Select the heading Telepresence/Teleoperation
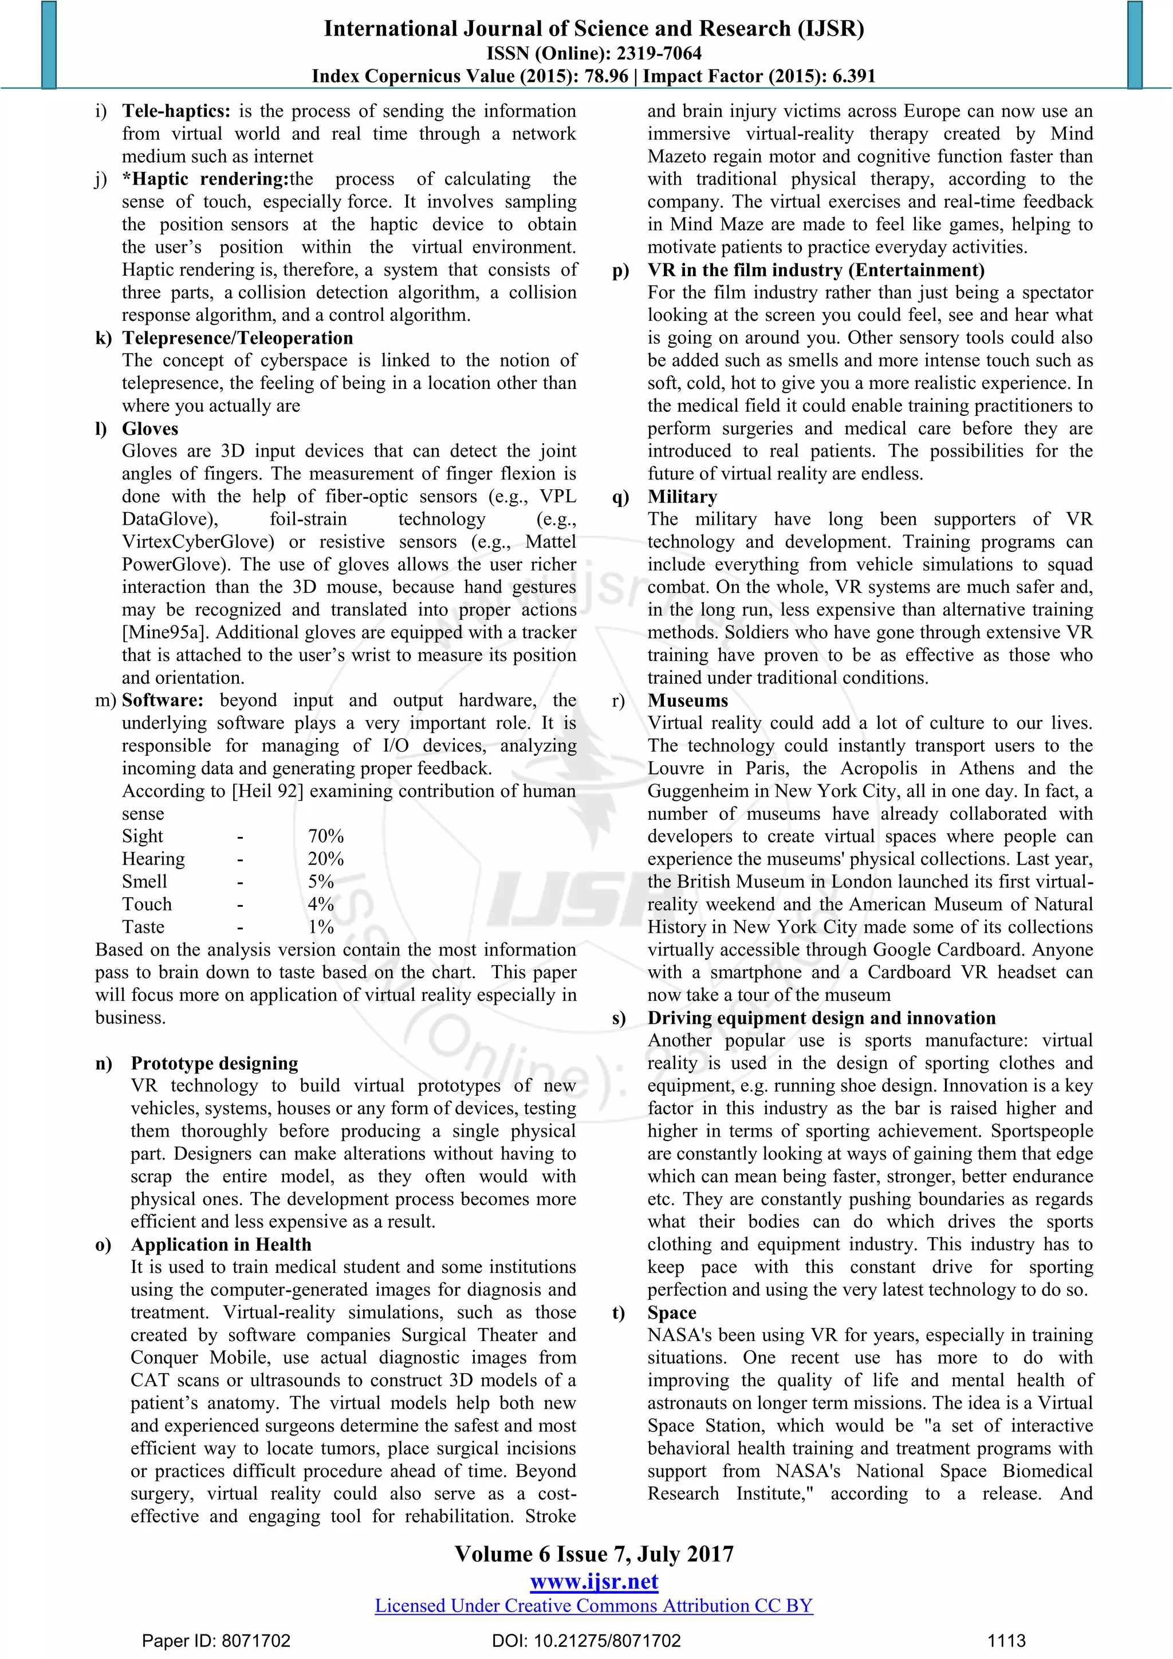point(237,338)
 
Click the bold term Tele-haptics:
point(175,111)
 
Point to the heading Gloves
point(149,428)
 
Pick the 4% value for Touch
point(321,905)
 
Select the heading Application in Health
point(221,1244)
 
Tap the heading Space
point(671,1312)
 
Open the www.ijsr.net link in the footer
point(594,1582)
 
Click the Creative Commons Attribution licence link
point(594,1606)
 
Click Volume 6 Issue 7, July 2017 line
point(594,1554)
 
